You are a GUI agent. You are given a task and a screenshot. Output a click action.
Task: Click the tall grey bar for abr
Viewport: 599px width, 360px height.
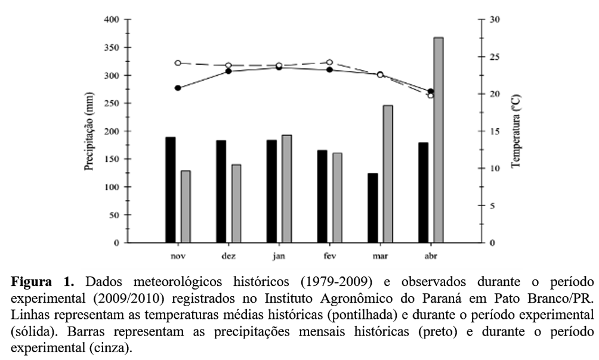(x=439, y=140)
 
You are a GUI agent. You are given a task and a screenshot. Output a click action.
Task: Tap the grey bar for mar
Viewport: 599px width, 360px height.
(x=388, y=174)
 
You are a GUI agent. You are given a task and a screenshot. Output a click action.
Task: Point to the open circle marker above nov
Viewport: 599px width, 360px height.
(x=178, y=63)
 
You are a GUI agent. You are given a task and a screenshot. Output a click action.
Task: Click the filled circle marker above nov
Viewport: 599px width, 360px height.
(x=178, y=88)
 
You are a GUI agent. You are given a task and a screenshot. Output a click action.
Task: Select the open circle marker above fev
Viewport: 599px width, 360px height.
(x=329, y=62)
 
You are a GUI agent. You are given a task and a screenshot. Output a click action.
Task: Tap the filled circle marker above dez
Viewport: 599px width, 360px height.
(x=228, y=71)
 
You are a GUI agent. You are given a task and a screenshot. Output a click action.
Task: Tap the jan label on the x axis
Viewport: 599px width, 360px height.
(x=279, y=256)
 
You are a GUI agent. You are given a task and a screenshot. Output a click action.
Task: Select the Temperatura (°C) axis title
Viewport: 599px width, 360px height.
(x=516, y=131)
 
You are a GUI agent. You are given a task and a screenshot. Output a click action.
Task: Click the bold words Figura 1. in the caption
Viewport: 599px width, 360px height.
(x=43, y=281)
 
